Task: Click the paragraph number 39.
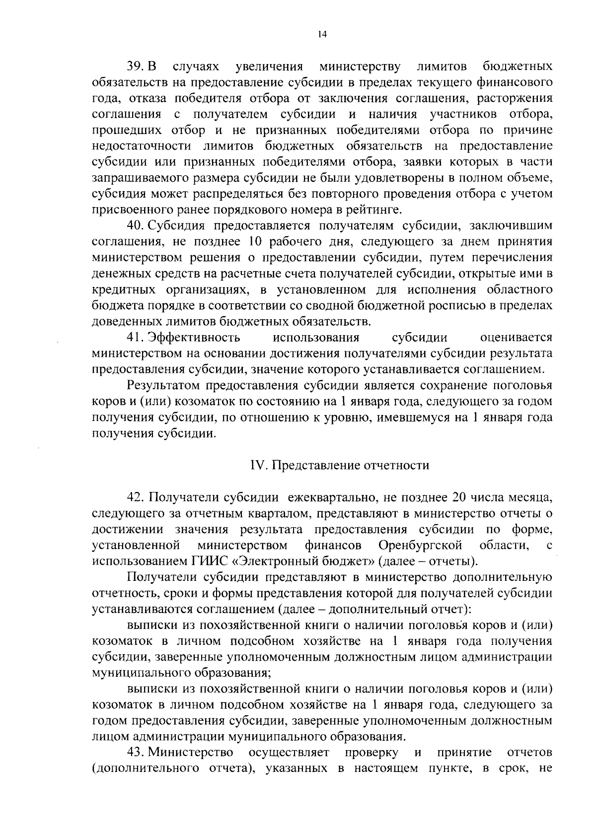(x=136, y=67)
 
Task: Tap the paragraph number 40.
(x=136, y=226)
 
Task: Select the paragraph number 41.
(x=136, y=338)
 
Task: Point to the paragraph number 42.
(x=136, y=497)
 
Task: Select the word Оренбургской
(x=420, y=546)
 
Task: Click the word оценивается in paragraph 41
(x=517, y=338)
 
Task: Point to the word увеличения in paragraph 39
(x=270, y=67)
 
